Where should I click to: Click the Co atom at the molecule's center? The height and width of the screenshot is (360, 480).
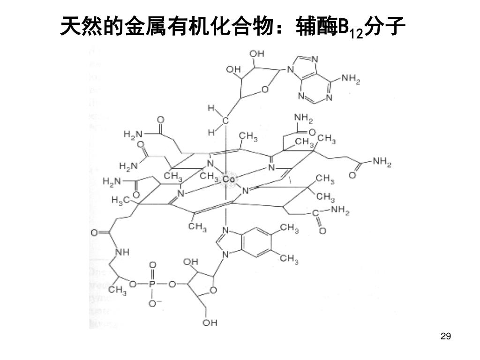pyautogui.click(x=229, y=179)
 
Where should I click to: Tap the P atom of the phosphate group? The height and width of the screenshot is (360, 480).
pyautogui.click(x=152, y=284)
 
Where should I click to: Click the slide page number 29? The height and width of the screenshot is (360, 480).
pyautogui.click(x=446, y=336)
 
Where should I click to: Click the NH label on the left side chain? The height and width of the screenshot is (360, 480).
pyautogui.click(x=122, y=252)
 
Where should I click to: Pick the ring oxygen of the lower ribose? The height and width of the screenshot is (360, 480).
pyautogui.click(x=213, y=291)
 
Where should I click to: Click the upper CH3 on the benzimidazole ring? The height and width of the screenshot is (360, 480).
pyautogui.click(x=289, y=228)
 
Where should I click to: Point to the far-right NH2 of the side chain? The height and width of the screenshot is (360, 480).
pyautogui.click(x=382, y=163)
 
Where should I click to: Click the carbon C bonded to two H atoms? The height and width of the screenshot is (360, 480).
pyautogui.click(x=225, y=121)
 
